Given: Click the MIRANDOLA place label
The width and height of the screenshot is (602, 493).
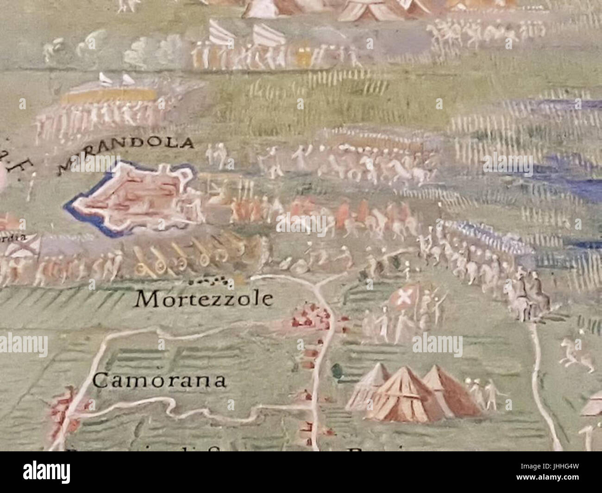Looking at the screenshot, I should [x=125, y=153].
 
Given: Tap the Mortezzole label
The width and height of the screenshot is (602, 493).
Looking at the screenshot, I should [x=203, y=300].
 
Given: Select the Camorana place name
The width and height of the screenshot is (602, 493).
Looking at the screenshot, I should [x=159, y=381].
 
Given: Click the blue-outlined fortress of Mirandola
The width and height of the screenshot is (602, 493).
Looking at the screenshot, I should [x=134, y=198].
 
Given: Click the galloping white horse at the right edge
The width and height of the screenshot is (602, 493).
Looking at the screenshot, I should [x=577, y=354].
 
